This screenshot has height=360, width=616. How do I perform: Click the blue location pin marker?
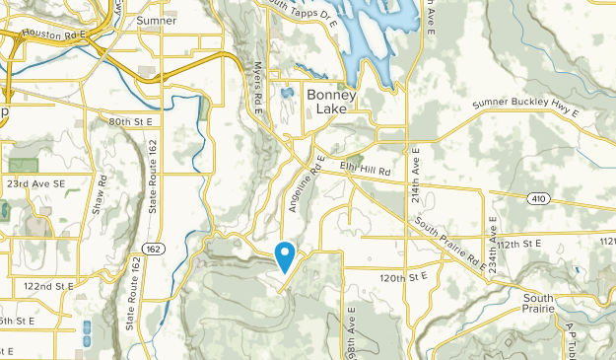285,256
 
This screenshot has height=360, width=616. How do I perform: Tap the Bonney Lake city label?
332,102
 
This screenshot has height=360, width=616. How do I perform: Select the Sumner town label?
157,20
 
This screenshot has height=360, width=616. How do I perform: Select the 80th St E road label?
133,121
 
